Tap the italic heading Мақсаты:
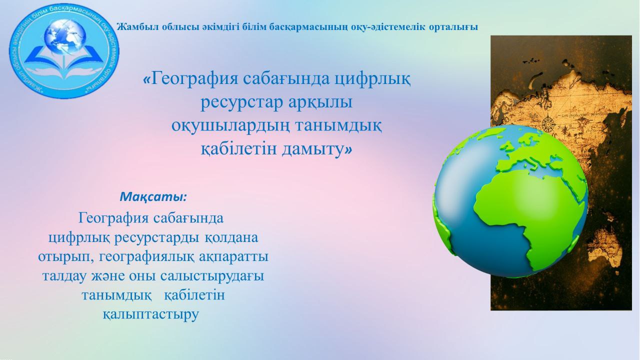[x=153, y=196]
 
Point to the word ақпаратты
[x=233, y=256]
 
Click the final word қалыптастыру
[x=150, y=315]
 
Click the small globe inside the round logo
[x=65, y=36]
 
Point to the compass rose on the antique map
[x=547, y=123]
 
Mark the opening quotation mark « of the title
[x=146, y=79]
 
